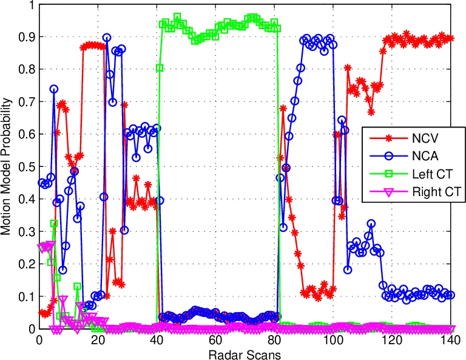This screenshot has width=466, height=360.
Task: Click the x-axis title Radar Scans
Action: (244, 353)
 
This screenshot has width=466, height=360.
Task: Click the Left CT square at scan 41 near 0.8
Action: (160, 67)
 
